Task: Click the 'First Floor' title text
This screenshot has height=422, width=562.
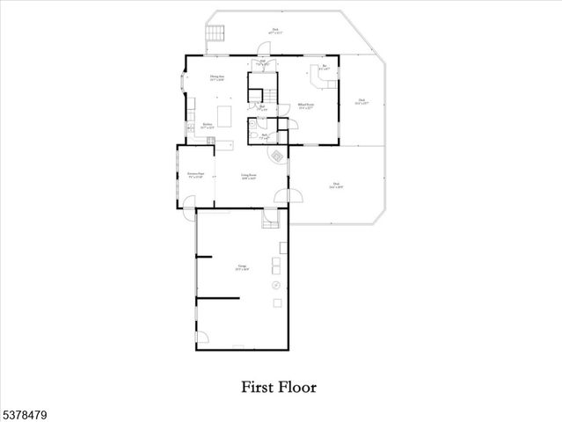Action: point(280,386)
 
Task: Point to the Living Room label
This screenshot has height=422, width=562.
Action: point(249,176)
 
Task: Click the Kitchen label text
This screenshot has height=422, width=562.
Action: point(208,125)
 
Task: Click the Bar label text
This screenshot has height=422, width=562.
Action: point(325,66)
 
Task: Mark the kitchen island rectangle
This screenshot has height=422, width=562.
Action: point(223,116)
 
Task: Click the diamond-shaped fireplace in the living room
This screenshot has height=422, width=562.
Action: point(276,156)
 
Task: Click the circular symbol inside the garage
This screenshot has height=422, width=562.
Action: point(275,285)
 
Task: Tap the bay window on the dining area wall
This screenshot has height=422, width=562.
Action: point(183,84)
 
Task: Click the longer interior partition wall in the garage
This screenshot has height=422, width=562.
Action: point(218,299)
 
